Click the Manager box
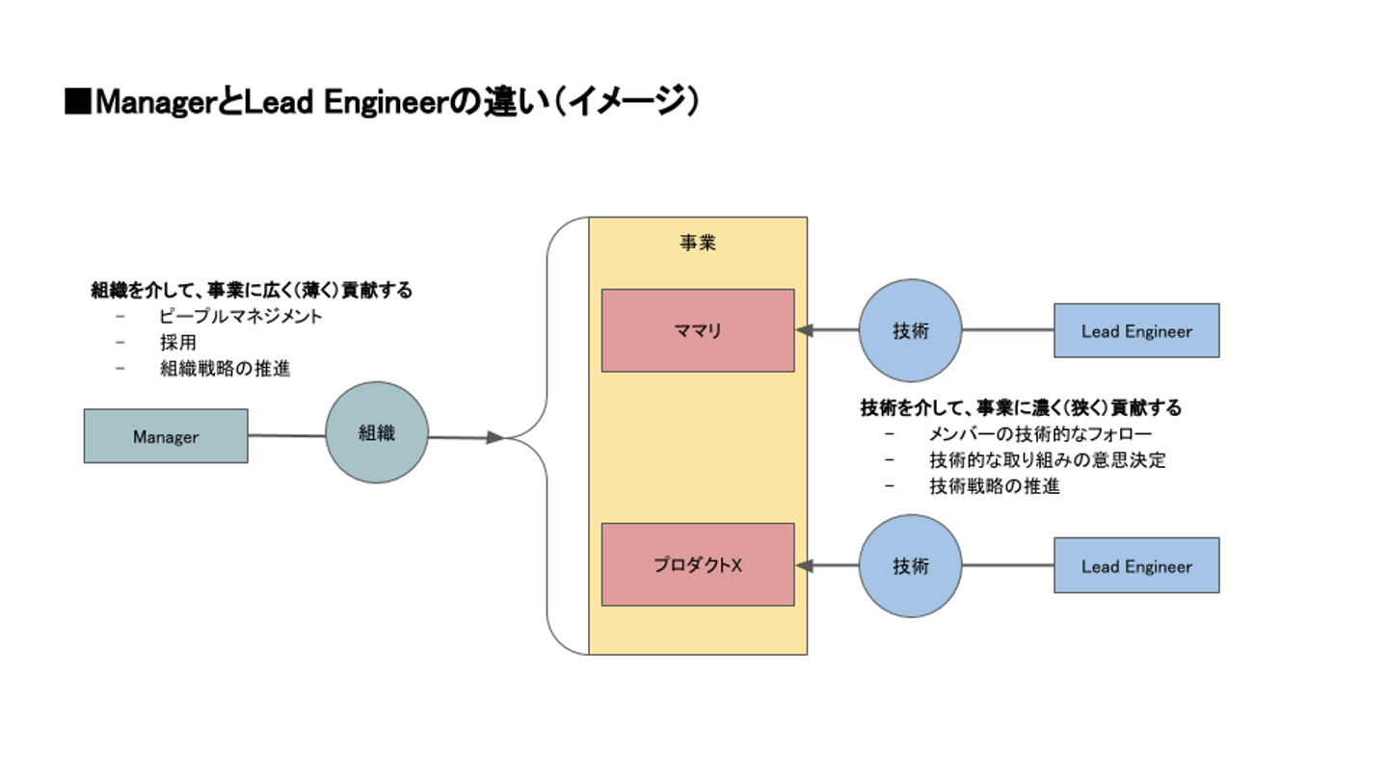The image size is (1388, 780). [x=166, y=436]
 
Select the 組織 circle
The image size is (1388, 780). [x=377, y=432]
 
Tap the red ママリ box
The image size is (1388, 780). [x=698, y=330]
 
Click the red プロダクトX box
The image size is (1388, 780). [x=698, y=564]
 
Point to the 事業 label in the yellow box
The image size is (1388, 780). [x=698, y=243]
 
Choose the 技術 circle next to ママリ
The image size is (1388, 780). [x=911, y=330]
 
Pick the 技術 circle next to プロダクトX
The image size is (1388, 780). [x=911, y=565]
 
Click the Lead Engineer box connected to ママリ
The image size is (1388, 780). [x=1136, y=330]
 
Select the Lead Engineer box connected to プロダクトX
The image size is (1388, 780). [x=1136, y=565]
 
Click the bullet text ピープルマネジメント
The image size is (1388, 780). [x=241, y=316]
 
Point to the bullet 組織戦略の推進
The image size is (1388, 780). [x=226, y=368]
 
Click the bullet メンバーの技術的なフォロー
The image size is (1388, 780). [x=1040, y=434]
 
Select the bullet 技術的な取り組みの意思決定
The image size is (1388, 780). [x=1048, y=460]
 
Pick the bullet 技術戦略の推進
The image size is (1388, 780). [x=995, y=486]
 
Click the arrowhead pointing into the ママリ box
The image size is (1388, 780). [x=805, y=330]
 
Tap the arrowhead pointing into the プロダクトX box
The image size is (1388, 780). [x=805, y=565]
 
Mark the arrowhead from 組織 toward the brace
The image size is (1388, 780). [x=495, y=438]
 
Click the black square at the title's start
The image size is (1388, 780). [x=77, y=102]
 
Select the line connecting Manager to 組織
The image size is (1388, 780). [x=286, y=436]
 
